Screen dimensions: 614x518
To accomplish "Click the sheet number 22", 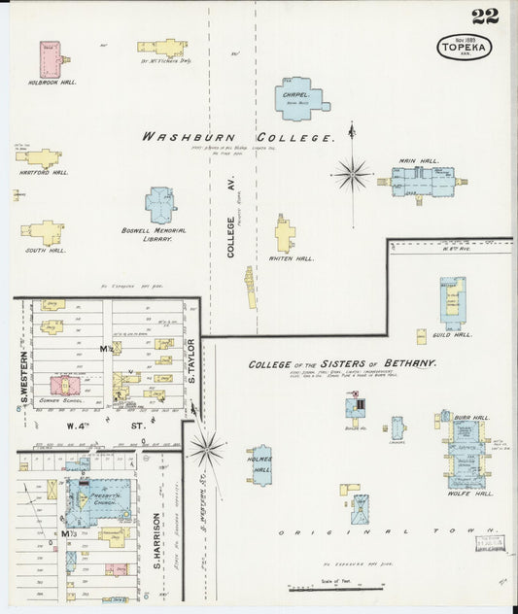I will point(485,17).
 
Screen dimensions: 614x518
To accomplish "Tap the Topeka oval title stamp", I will point(464,47).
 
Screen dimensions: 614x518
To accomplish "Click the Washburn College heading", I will point(238,137).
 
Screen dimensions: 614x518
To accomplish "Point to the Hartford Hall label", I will point(44,173).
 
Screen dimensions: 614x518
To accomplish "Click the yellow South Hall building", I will point(44,232).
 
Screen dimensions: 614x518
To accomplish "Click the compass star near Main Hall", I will point(353,175).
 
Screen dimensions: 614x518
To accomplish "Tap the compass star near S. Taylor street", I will point(206,448).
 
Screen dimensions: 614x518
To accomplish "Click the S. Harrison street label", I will point(155,540).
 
